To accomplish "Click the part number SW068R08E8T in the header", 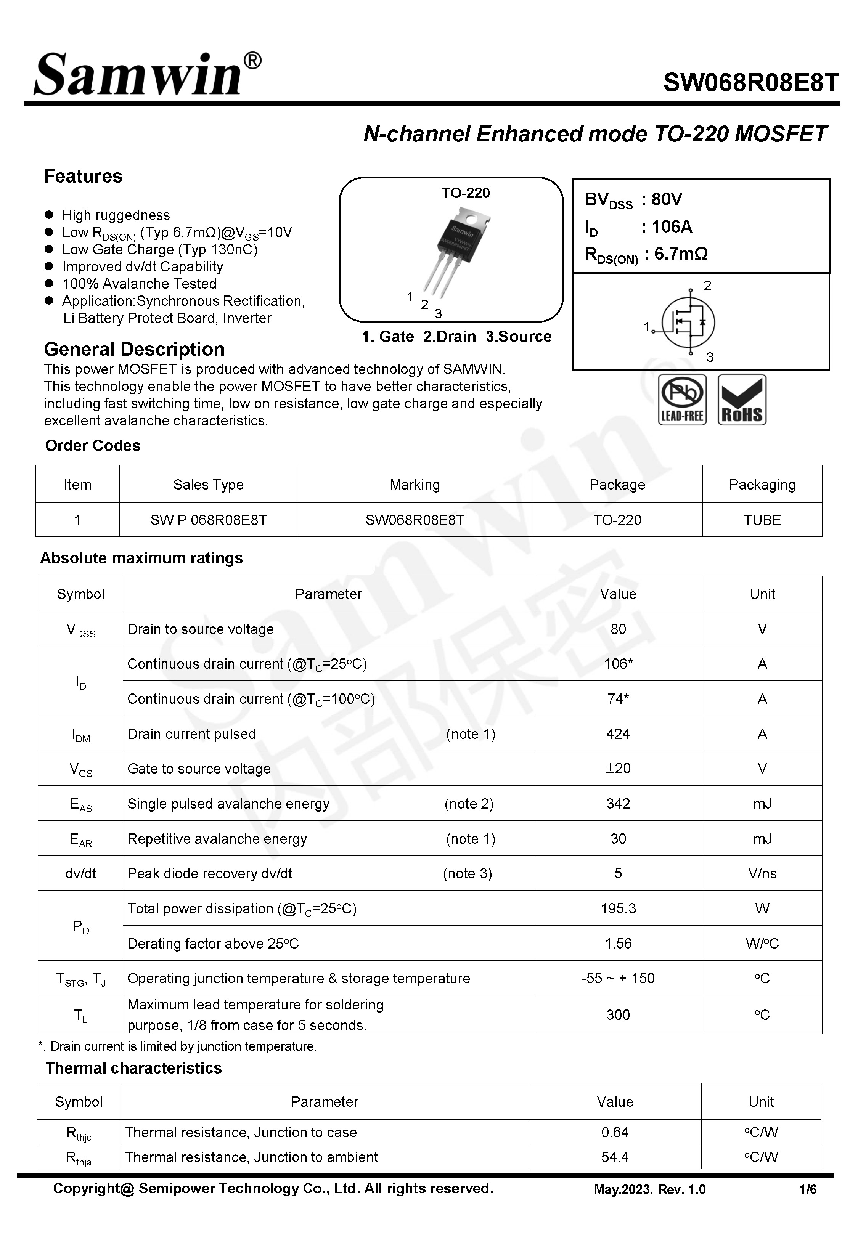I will click(750, 83).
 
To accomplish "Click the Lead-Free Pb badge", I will click(682, 400).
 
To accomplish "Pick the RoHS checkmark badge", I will click(741, 400).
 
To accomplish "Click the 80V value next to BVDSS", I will click(667, 199).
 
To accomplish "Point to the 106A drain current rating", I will click(672, 227).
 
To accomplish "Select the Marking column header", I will click(415, 485).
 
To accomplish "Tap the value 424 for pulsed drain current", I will click(618, 734).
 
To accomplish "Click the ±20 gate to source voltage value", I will click(618, 768).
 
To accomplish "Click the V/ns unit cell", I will click(762, 874).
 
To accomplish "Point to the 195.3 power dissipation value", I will click(618, 908).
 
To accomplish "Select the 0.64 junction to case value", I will click(614, 1133).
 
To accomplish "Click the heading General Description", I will click(134, 349).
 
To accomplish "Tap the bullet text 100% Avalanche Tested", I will click(139, 284).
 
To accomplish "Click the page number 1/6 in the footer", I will click(807, 1189).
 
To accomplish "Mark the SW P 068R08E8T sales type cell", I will click(208, 520).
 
